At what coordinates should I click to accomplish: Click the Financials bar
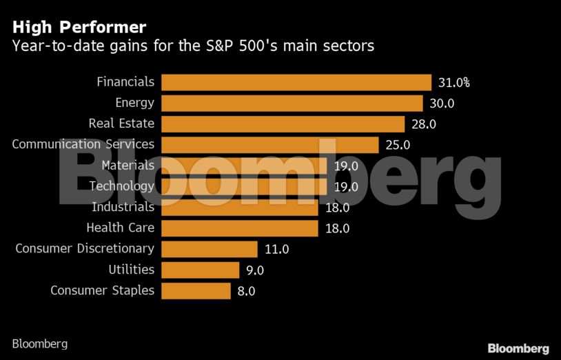coord(296,82)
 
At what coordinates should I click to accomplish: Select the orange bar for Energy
coord(292,103)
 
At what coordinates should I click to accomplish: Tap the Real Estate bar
coord(283,124)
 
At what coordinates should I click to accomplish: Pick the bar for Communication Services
coord(270,145)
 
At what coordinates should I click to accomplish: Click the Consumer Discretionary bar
coord(210,249)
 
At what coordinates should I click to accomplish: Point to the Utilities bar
coord(201,270)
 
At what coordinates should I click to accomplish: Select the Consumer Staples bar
coord(196,290)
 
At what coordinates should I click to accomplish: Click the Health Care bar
coord(240,228)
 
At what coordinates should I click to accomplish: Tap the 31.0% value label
coord(454,83)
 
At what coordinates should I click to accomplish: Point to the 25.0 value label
coord(398,145)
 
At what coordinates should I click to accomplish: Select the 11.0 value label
coord(277,249)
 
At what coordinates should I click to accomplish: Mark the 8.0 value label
coord(246,291)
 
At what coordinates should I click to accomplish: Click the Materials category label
coord(128,166)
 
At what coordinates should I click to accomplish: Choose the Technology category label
coord(122,186)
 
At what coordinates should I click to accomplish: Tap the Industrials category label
coord(123,207)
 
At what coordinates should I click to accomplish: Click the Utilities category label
coord(132,270)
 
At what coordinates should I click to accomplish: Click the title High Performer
coord(79,28)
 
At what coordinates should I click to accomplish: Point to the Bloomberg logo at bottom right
coord(518,348)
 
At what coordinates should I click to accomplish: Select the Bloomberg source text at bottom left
coord(40,343)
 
